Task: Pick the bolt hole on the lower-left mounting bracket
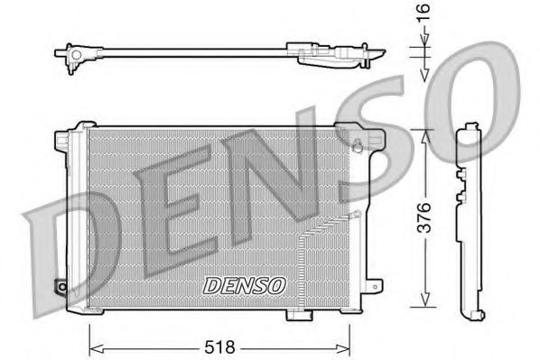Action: [x=61, y=288]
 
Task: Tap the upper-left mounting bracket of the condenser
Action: [x=61, y=140]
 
